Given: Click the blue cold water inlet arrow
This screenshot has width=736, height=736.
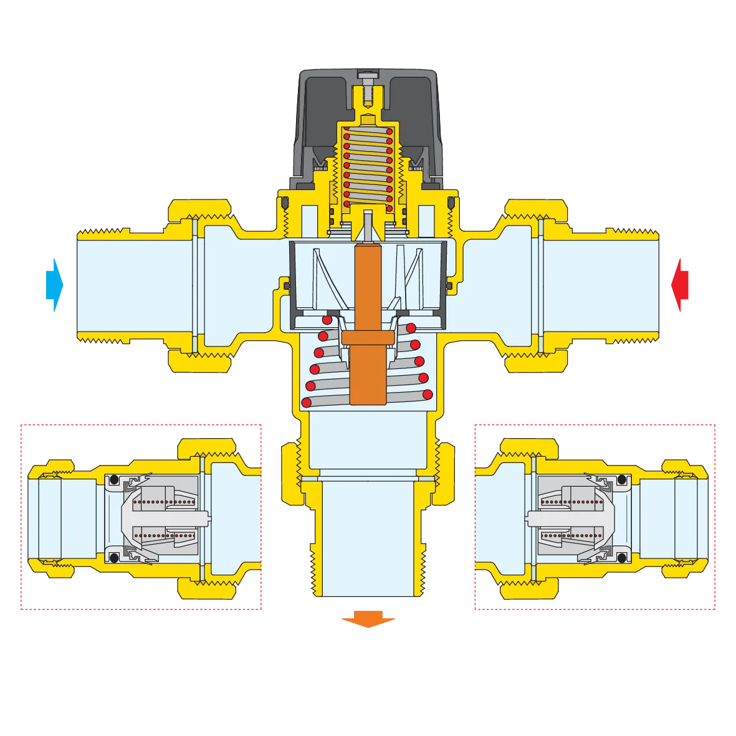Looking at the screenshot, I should coord(55,285).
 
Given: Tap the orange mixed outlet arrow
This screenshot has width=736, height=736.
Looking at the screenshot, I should coord(368,619).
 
